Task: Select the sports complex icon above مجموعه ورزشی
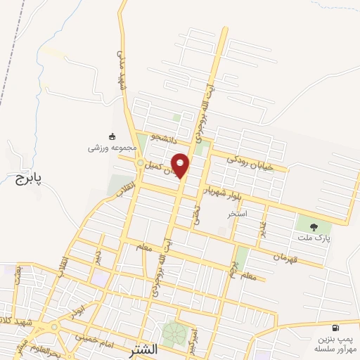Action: (x=112, y=136)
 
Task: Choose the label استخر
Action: (x=237, y=212)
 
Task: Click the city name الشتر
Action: (x=144, y=349)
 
